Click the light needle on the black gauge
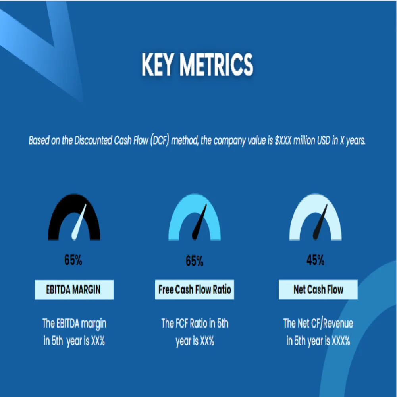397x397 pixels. (x=79, y=224)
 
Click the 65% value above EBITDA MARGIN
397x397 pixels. (x=73, y=261)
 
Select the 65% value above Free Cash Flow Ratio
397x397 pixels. (x=195, y=261)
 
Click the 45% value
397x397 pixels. (x=316, y=261)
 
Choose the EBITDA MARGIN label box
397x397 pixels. (x=74, y=290)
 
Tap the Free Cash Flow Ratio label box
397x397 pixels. (x=195, y=290)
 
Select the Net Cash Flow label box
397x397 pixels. (x=318, y=290)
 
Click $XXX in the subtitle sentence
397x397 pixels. (x=283, y=141)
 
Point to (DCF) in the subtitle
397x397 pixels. (x=161, y=141)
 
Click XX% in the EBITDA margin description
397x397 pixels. (x=98, y=341)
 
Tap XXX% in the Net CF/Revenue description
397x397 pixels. (x=339, y=341)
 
